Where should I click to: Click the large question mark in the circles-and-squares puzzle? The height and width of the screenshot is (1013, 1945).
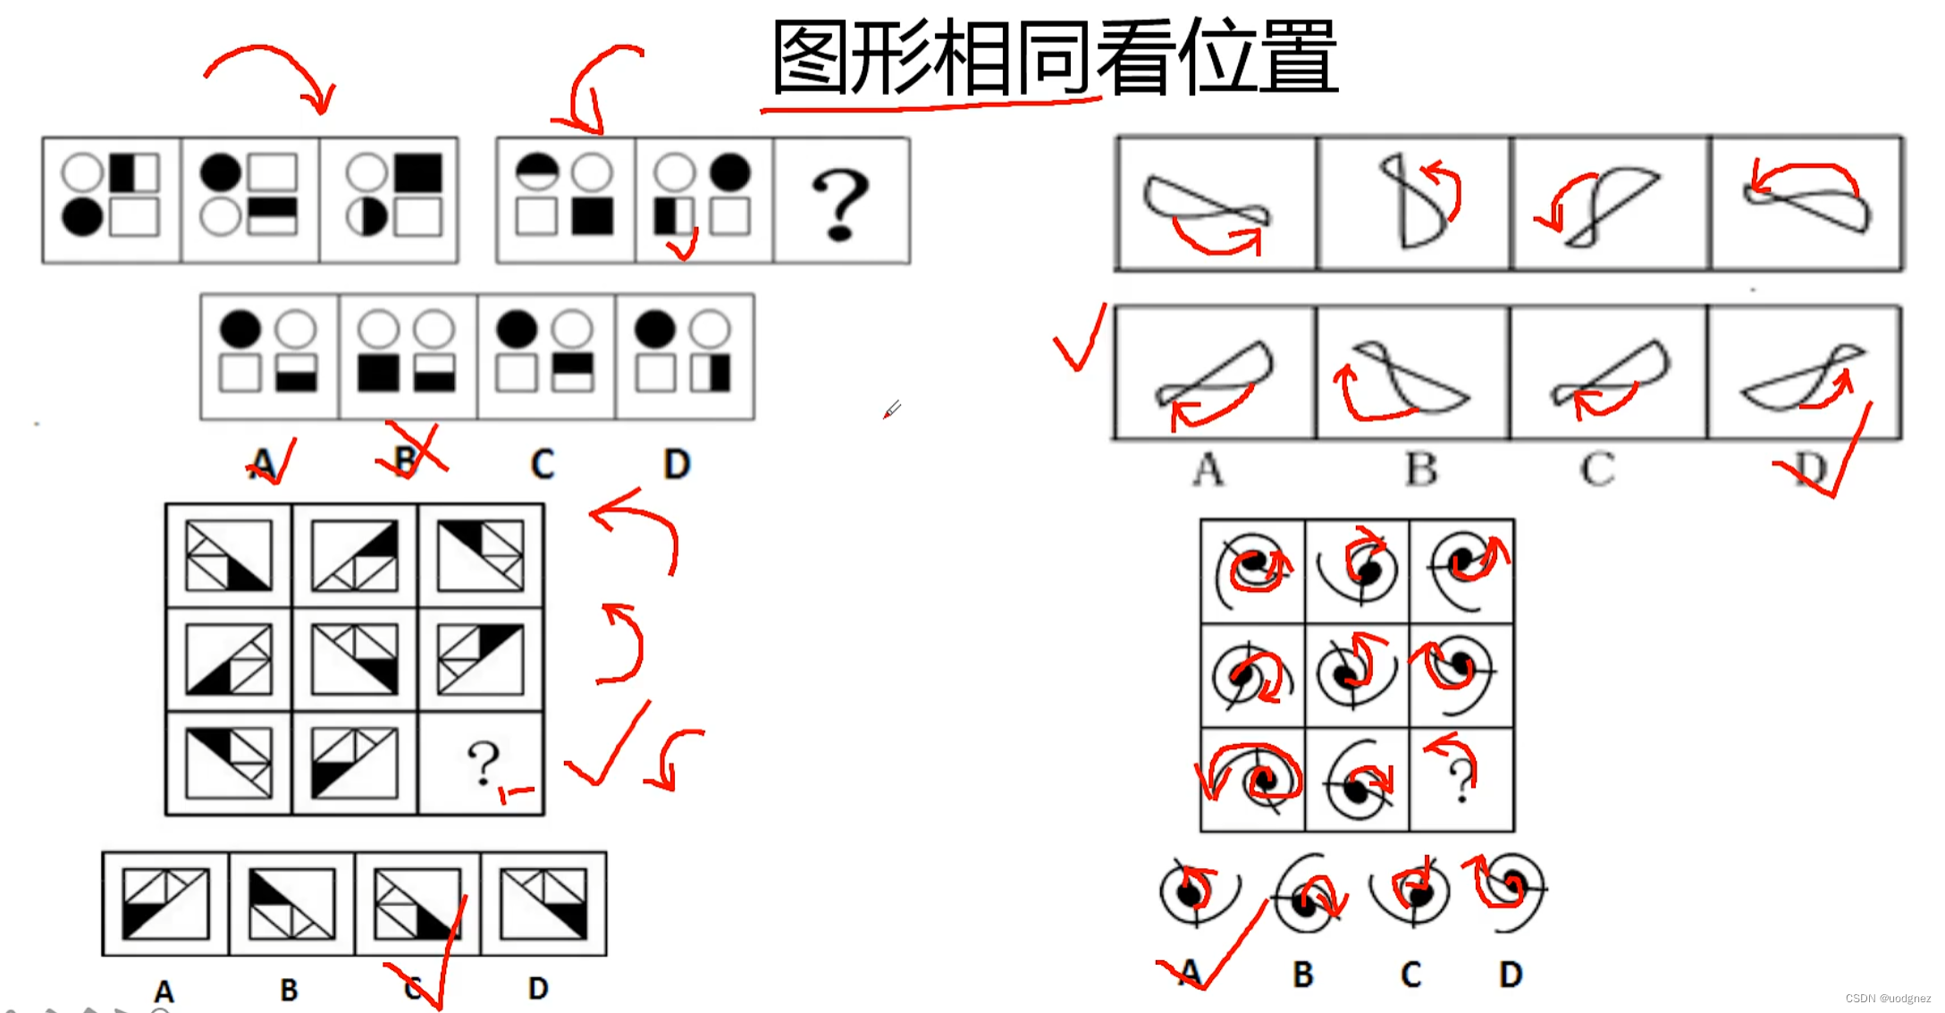pyautogui.click(x=840, y=205)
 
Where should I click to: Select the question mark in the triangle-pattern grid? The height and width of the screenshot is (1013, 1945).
pyautogui.click(x=483, y=762)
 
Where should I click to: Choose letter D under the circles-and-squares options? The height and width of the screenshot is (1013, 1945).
pyautogui.click(x=677, y=464)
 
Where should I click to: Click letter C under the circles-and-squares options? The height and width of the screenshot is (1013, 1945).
pyautogui.click(x=542, y=464)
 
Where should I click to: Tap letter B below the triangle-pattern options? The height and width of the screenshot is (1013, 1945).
pyautogui.click(x=289, y=990)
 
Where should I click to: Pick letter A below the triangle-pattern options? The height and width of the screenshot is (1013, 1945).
pyautogui.click(x=164, y=991)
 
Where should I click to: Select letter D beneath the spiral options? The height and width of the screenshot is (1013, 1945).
pyautogui.click(x=1511, y=974)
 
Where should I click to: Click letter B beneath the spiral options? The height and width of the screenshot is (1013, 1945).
pyautogui.click(x=1303, y=974)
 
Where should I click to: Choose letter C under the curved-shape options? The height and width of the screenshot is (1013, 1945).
pyautogui.click(x=1597, y=469)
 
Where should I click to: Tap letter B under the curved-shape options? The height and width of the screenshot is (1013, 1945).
pyautogui.click(x=1421, y=469)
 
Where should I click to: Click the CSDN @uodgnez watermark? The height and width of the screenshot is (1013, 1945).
pyautogui.click(x=1888, y=999)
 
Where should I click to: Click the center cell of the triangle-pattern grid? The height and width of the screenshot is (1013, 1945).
pyautogui.click(x=355, y=661)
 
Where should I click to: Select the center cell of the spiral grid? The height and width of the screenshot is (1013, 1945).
pyautogui.click(x=1357, y=675)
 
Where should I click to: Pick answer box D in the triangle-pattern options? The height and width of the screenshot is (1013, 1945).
pyautogui.click(x=543, y=904)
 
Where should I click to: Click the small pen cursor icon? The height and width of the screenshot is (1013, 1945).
pyautogui.click(x=892, y=409)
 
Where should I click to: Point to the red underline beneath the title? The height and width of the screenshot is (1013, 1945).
pyautogui.click(x=930, y=107)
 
